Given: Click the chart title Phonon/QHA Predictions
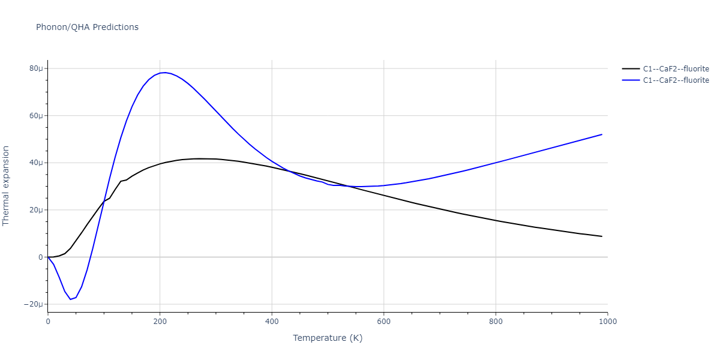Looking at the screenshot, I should point(87,27).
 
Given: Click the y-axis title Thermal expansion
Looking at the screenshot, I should point(7,185).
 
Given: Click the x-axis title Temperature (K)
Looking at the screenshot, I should point(328,338).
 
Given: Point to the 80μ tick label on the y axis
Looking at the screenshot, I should point(36,68).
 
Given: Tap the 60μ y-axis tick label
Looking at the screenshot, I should point(36,116).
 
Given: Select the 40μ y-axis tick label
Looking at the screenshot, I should point(36,163).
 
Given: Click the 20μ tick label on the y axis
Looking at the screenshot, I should point(36,210).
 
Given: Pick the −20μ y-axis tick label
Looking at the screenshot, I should point(34,305).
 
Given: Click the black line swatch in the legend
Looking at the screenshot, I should point(631,69).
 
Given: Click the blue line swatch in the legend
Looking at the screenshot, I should point(631,80).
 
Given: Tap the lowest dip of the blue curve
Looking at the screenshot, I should point(70,299).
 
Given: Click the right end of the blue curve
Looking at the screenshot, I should point(602,134).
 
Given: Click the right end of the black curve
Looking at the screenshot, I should point(602,236).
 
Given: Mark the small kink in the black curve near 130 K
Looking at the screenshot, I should point(121,181).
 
